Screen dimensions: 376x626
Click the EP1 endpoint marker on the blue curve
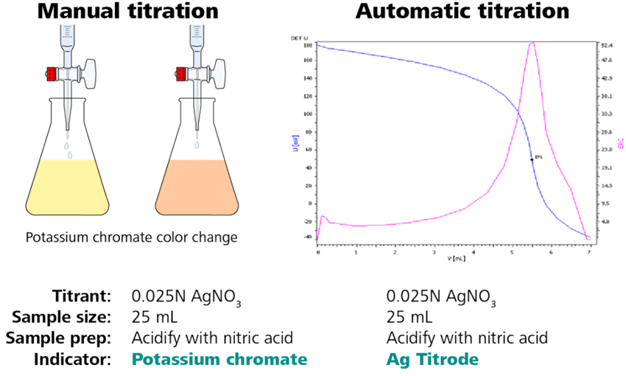click(x=532, y=159)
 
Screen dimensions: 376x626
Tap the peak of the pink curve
click(x=532, y=43)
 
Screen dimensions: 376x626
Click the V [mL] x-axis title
click(x=454, y=258)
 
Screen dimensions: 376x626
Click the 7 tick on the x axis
click(x=588, y=252)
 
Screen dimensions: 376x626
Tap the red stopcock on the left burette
click(x=52, y=74)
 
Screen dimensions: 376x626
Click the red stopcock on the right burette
click(x=179, y=74)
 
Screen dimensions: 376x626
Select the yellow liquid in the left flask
click(x=71, y=188)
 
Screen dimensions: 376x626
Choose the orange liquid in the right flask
click(x=198, y=188)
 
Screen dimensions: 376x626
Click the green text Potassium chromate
click(x=219, y=359)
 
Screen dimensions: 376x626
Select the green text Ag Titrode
click(x=432, y=359)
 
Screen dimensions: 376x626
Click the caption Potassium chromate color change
click(x=131, y=237)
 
